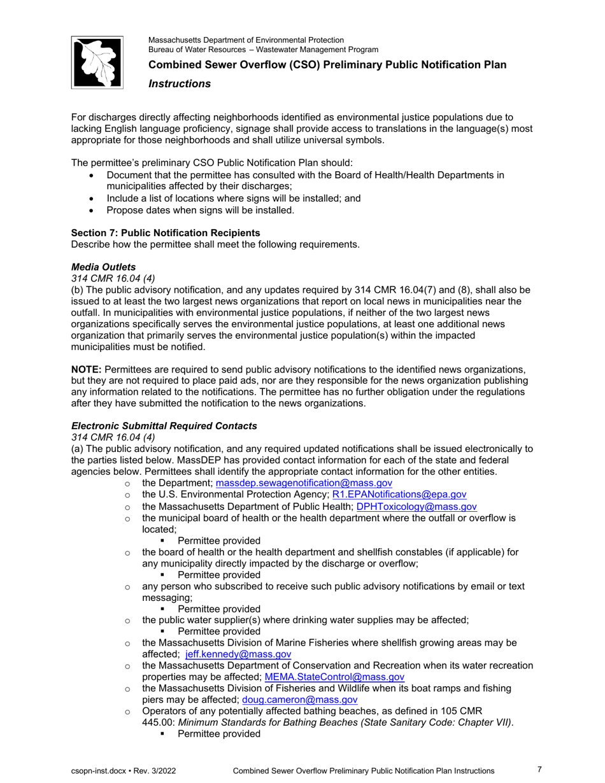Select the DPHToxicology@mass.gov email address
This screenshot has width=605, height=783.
[416, 507]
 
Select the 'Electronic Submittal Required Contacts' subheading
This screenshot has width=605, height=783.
[164, 425]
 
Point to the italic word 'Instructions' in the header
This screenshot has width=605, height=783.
[180, 83]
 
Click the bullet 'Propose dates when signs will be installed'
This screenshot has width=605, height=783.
[201, 209]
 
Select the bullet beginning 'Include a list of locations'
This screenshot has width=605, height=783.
[234, 198]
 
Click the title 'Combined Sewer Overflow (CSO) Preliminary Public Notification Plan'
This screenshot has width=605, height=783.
[327, 65]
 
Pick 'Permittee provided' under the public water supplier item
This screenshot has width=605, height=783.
[219, 631]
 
